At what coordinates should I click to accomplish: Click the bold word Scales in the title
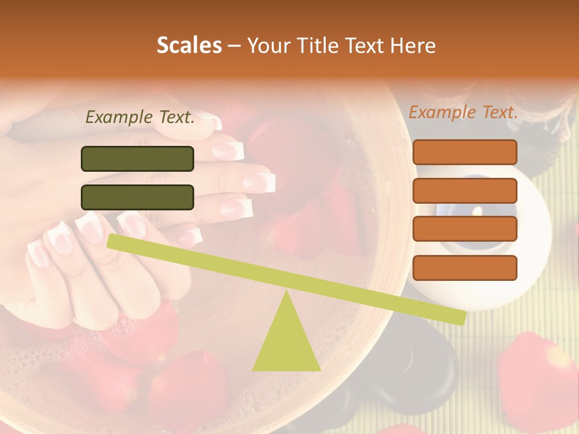pos(189,46)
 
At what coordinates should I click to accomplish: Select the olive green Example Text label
pos(140,117)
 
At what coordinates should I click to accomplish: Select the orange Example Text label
pos(463,112)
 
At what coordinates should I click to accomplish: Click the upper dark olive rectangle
pos(138,159)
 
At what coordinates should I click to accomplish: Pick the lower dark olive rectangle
pos(138,197)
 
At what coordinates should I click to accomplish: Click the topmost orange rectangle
pos(464,152)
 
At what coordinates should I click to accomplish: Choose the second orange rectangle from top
pos(464,190)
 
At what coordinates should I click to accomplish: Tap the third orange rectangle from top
pos(464,228)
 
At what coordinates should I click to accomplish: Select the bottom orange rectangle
pos(464,268)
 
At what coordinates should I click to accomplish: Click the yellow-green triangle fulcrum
pos(286,344)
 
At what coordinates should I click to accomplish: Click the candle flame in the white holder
pos(476,211)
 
